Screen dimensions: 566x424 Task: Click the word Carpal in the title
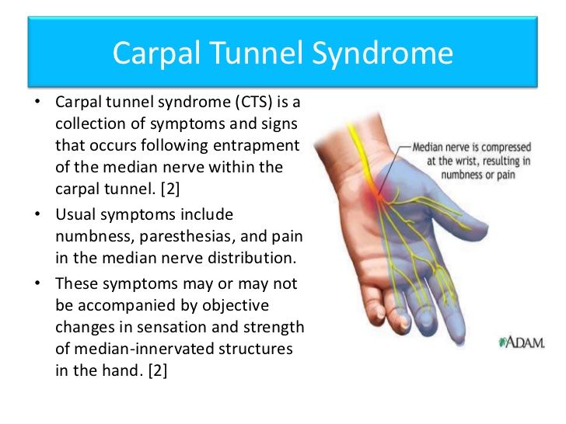[x=156, y=54]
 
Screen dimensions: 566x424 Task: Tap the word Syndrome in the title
[x=383, y=54]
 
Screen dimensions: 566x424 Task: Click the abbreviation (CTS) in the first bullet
[x=253, y=102]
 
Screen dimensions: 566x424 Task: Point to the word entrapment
[x=257, y=146]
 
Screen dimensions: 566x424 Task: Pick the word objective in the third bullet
[x=236, y=306]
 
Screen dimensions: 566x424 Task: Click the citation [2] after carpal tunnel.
[x=170, y=189]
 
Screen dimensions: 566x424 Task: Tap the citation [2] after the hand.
[x=158, y=370]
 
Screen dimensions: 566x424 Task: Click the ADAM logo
[x=521, y=342]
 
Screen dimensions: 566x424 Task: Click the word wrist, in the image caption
[x=466, y=161]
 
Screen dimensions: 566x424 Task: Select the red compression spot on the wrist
[x=376, y=192]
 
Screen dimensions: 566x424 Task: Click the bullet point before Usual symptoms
[x=37, y=214]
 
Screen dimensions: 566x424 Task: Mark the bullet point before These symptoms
[x=37, y=283]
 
